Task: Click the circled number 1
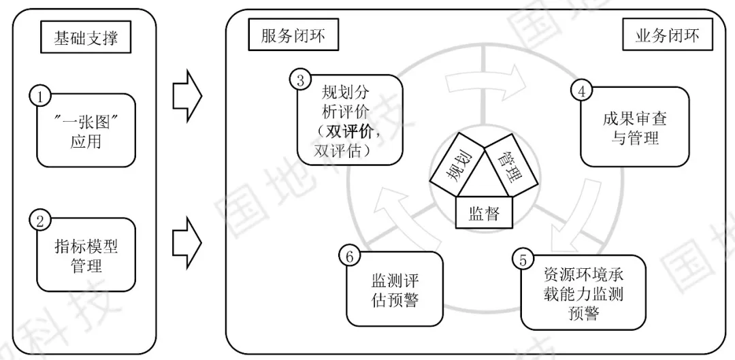pyautogui.click(x=40, y=96)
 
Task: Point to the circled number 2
pyautogui.click(x=40, y=220)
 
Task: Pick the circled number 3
pyautogui.click(x=300, y=79)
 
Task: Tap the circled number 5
pyautogui.click(x=523, y=261)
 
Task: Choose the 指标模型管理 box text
pyautogui.click(x=86, y=255)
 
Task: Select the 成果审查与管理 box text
pyautogui.click(x=634, y=129)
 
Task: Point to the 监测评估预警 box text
pyautogui.click(x=395, y=291)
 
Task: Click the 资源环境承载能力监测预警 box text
pyautogui.click(x=583, y=294)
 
